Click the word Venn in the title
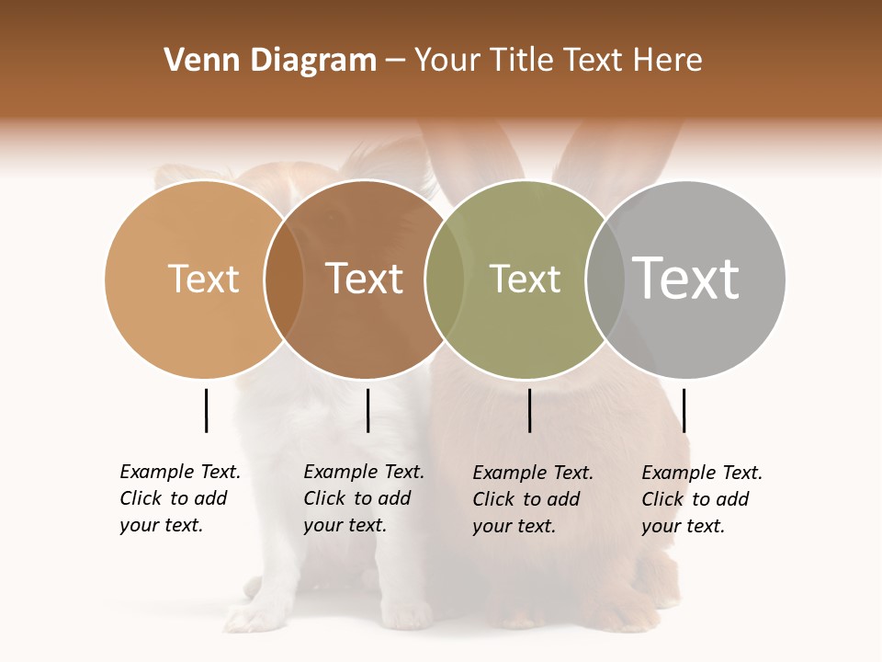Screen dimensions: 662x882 (x=194, y=61)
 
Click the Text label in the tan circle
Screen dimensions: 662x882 (x=203, y=279)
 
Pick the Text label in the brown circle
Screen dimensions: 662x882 (x=364, y=279)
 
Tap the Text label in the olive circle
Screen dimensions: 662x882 (x=525, y=279)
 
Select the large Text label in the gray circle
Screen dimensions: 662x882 (x=686, y=279)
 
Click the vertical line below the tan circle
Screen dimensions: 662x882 (x=206, y=410)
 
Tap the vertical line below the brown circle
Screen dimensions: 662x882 (x=367, y=410)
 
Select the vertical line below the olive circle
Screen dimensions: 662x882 (x=529, y=410)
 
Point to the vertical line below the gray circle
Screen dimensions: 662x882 (x=684, y=410)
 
